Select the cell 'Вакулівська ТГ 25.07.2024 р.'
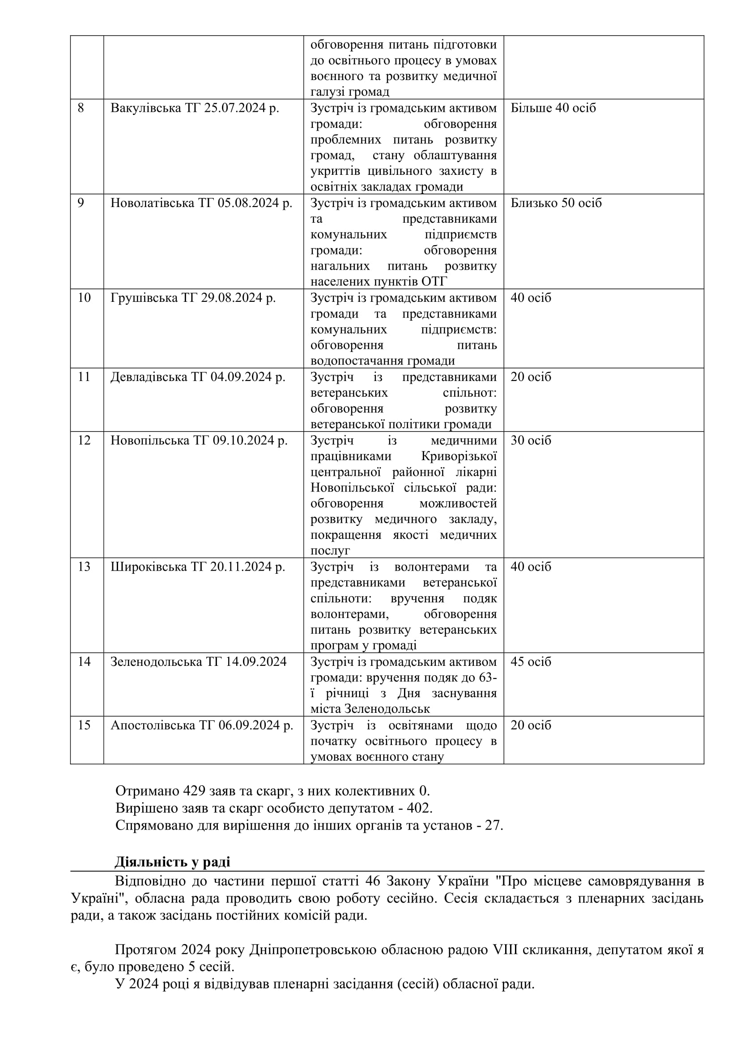[x=195, y=108]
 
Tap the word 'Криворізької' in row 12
[x=459, y=456]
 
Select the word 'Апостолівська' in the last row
[x=153, y=725]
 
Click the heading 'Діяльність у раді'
[x=172, y=862]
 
